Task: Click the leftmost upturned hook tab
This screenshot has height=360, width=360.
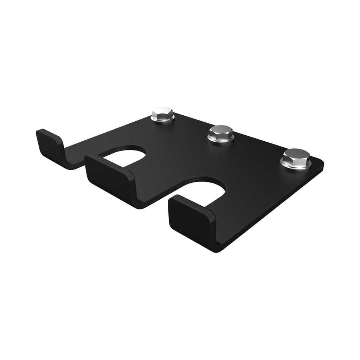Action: pyautogui.click(x=49, y=144)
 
